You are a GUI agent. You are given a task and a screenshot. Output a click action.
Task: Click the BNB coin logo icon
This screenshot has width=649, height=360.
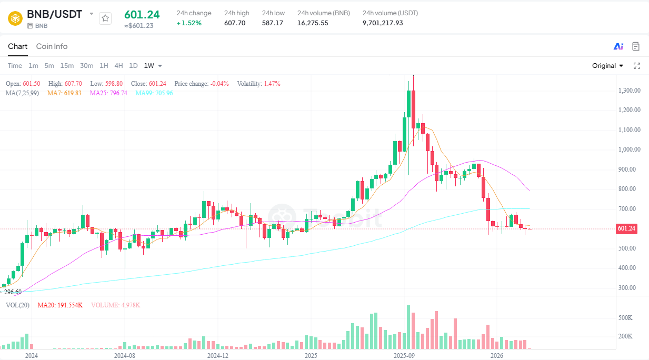click(16, 18)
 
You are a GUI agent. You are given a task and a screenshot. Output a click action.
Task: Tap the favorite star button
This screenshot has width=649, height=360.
click(105, 18)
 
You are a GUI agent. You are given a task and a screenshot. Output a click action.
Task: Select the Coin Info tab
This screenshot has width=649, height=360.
click(52, 46)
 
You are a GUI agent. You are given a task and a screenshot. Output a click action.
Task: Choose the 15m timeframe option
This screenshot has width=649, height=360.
click(67, 66)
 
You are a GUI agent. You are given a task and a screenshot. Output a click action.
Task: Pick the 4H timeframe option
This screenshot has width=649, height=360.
click(118, 66)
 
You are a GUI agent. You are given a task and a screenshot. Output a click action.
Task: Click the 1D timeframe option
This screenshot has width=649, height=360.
click(133, 66)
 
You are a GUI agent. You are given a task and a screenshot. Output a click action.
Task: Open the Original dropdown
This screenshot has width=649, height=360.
click(607, 66)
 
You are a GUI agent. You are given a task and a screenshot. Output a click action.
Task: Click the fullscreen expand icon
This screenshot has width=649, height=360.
click(636, 66)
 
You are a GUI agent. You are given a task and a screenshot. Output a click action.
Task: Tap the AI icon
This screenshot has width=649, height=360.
click(618, 46)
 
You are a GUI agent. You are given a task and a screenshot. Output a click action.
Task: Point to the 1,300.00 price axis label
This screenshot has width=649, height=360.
click(630, 91)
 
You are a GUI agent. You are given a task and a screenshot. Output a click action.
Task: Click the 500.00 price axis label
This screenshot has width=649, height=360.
click(631, 248)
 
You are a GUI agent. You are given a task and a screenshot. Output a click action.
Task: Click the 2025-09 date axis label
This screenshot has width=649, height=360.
click(404, 356)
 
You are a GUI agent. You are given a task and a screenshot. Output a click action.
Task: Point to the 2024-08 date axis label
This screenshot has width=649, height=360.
click(125, 356)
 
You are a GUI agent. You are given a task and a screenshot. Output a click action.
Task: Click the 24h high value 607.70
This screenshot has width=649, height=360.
click(235, 23)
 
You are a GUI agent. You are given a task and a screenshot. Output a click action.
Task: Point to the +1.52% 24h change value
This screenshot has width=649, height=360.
click(189, 23)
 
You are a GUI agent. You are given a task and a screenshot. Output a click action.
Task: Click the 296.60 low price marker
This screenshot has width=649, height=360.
click(12, 292)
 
